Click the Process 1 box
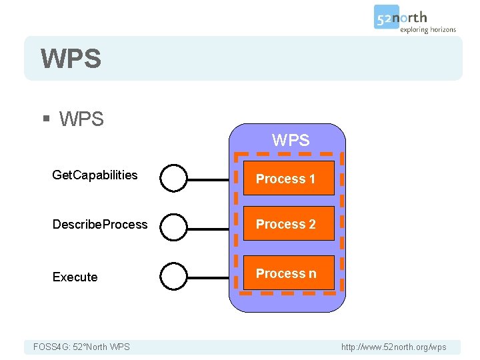288,178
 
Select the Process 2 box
288,225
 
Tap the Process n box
288,273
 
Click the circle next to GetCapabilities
173,178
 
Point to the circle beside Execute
173,277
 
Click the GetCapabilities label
95,175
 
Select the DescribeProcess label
100,225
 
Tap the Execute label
75,277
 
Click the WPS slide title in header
71,59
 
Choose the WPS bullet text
81,119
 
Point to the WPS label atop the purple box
291,140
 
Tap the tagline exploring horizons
427,29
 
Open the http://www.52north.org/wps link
393,347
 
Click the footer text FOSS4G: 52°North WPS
81,347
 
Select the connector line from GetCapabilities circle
208,179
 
